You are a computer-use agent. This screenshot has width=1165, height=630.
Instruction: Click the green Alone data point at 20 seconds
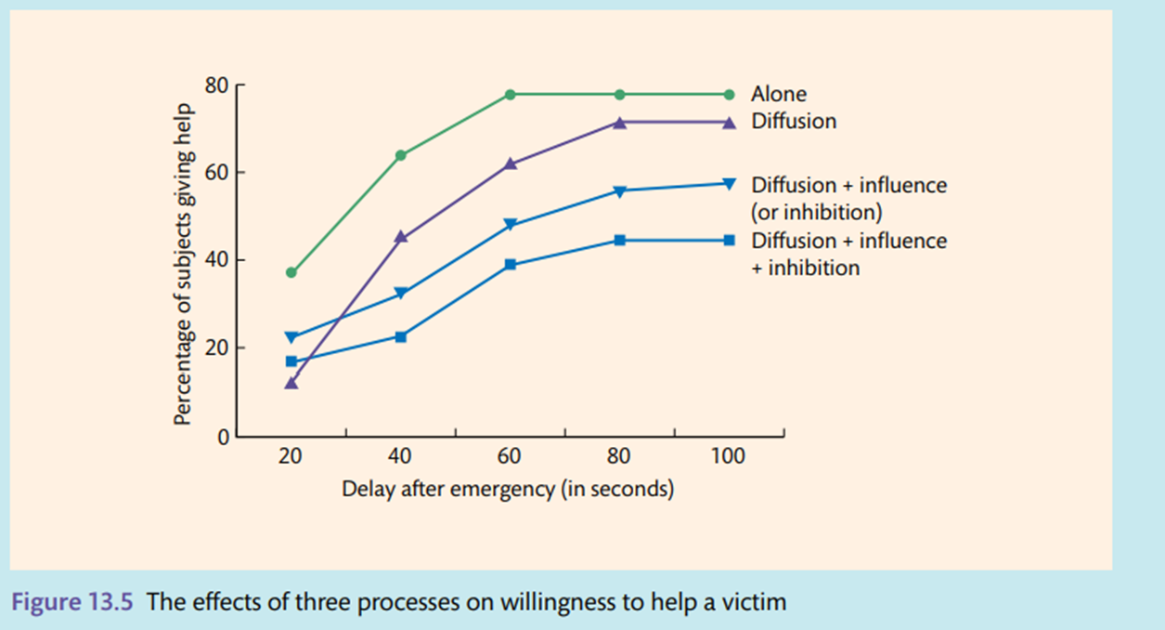click(291, 272)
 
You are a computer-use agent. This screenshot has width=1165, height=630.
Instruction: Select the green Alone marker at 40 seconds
click(401, 155)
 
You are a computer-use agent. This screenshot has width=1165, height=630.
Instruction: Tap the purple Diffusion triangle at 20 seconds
click(291, 382)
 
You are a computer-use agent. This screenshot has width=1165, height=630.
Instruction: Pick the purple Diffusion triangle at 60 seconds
click(510, 164)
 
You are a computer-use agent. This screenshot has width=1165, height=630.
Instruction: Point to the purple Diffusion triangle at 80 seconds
click(620, 123)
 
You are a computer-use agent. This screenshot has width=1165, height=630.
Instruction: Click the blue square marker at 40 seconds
click(401, 336)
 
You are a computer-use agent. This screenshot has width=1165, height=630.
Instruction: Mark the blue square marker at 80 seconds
click(620, 241)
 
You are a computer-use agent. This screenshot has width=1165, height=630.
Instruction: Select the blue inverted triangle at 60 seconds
click(510, 225)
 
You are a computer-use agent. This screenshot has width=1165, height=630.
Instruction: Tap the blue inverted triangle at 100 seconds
click(730, 183)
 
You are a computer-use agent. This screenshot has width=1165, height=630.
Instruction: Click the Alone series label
click(779, 94)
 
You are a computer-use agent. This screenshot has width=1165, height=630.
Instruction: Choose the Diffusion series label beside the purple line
click(794, 122)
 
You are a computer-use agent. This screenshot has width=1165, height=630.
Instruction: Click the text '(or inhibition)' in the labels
click(816, 212)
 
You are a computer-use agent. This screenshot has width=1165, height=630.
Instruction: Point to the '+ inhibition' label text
click(806, 268)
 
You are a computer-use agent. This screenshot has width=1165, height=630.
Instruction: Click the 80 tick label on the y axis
click(217, 85)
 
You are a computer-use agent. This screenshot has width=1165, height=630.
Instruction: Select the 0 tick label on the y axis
click(223, 437)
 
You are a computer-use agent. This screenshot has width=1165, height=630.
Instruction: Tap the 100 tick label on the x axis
click(729, 457)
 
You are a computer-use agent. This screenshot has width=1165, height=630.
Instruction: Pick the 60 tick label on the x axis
click(510, 457)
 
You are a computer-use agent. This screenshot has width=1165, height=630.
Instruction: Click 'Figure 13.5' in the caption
click(73, 601)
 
